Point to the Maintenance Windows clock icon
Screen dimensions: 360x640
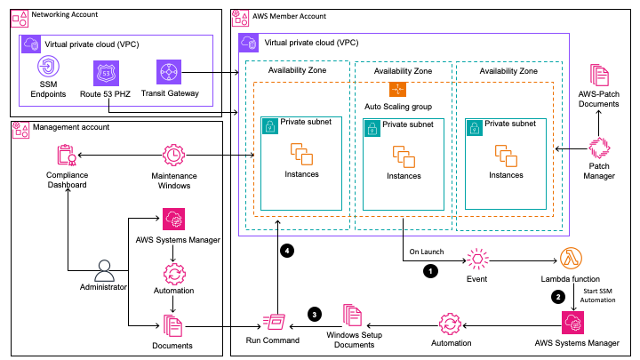pos(174,156)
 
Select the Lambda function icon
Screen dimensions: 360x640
pos(572,260)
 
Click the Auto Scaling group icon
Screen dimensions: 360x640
pos(398,91)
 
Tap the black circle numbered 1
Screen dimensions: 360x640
pos(431,270)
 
